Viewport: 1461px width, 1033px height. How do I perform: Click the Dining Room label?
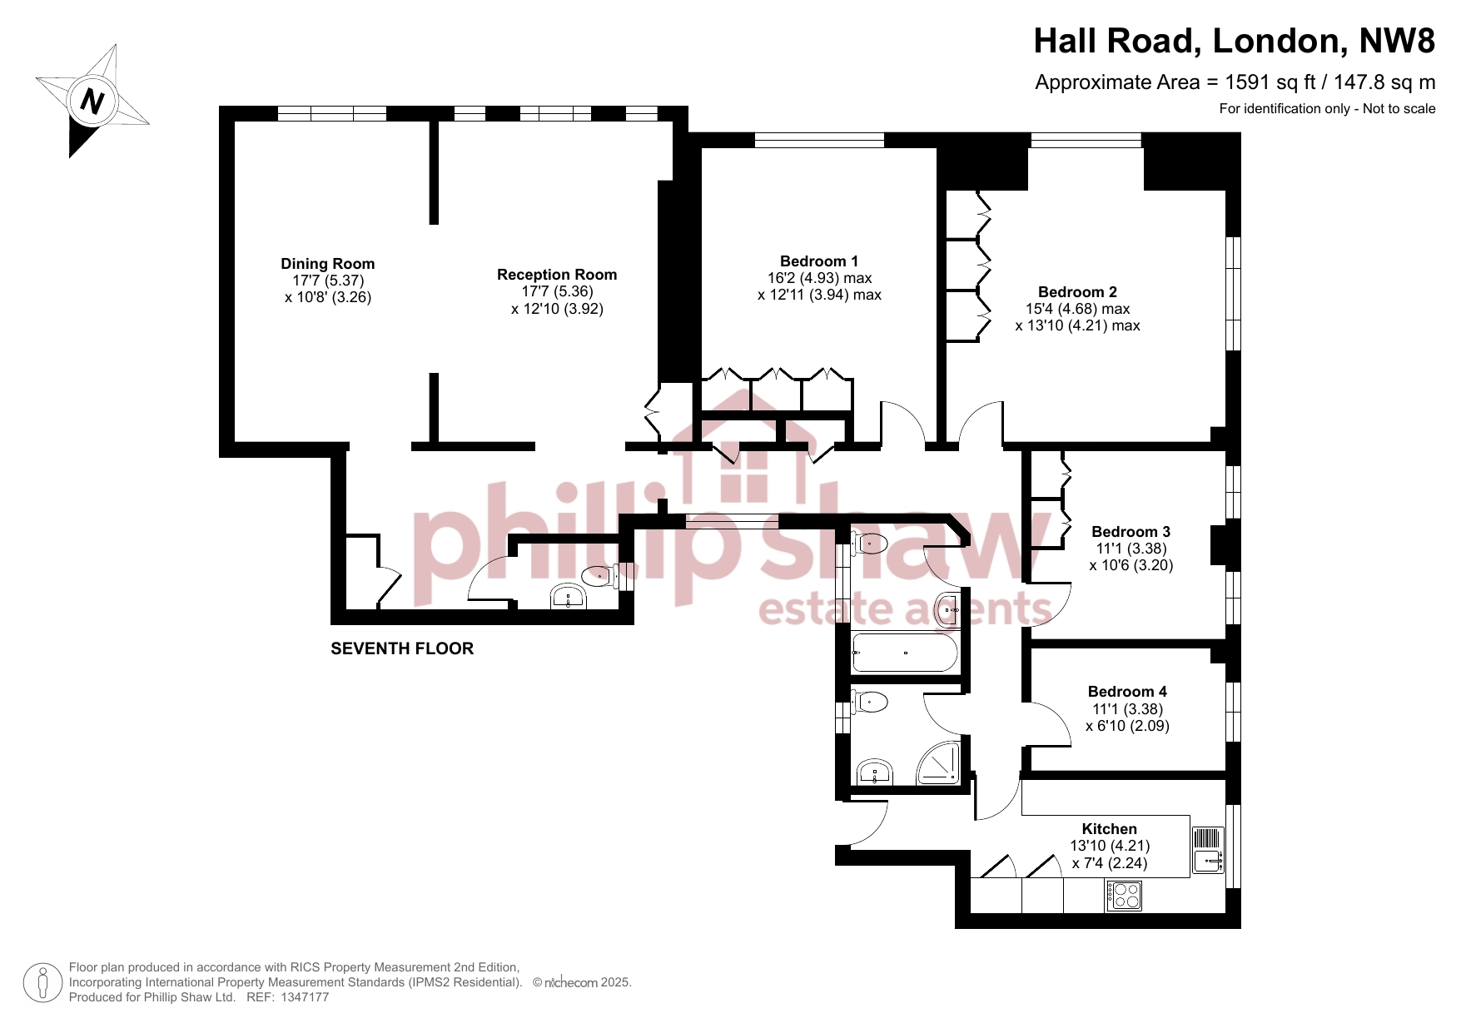[327, 264]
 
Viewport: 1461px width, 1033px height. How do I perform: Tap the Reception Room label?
[557, 275]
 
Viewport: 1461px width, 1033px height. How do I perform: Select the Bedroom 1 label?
[819, 261]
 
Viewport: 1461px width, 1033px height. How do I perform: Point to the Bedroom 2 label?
[1077, 292]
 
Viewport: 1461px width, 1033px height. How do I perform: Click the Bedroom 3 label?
[1131, 532]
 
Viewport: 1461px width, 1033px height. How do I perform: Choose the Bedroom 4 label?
[1127, 692]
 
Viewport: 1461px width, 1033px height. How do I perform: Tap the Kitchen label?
[1109, 829]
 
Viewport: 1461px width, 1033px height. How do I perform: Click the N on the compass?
[92, 102]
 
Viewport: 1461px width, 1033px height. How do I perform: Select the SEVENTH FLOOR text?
[402, 648]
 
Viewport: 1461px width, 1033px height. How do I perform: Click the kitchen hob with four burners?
[1124, 896]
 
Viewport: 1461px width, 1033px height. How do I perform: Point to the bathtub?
[906, 653]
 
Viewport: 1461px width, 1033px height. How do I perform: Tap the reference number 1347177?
[305, 997]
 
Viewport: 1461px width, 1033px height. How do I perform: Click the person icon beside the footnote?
[42, 983]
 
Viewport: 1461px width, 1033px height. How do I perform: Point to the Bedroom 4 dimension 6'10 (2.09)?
[1127, 726]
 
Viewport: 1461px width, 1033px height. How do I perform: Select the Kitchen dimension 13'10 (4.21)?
[1110, 846]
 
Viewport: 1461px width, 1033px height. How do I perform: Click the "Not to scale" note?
[1399, 108]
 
